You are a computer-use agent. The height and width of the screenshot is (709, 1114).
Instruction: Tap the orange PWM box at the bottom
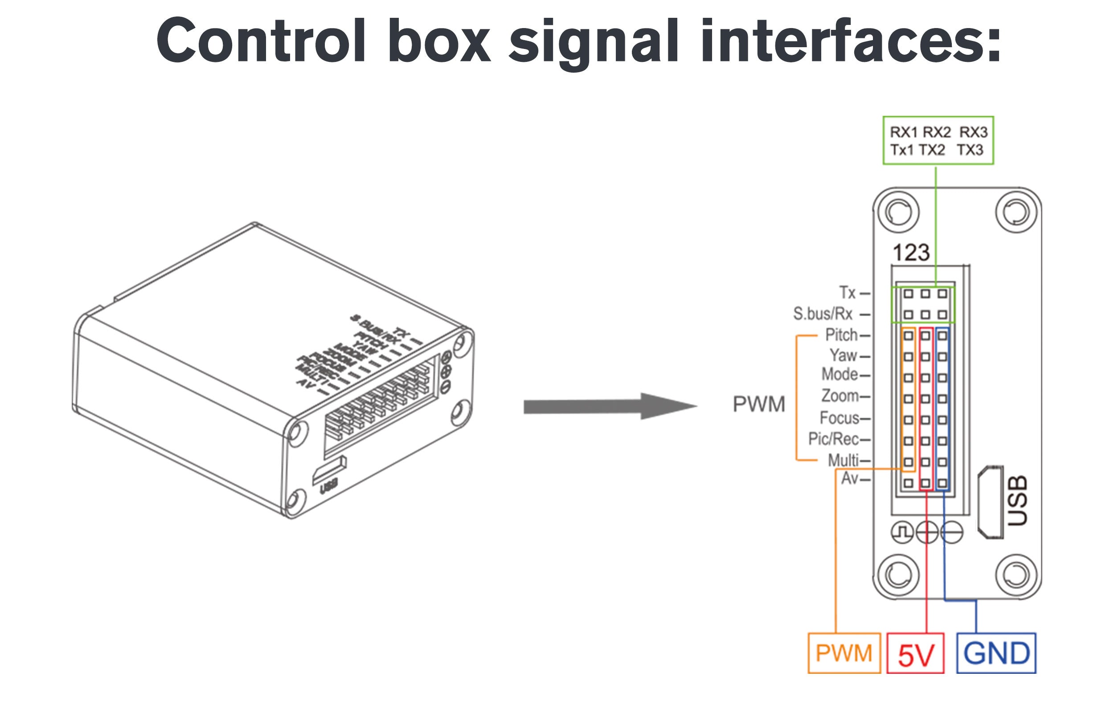pyautogui.click(x=844, y=653)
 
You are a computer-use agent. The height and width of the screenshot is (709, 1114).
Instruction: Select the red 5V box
pyautogui.click(x=916, y=653)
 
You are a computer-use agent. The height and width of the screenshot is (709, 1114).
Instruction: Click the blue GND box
pyautogui.click(x=996, y=653)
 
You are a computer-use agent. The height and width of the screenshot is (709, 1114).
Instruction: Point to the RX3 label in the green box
pyautogui.click(x=973, y=132)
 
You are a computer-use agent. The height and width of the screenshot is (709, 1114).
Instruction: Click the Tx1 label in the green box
pyautogui.click(x=901, y=150)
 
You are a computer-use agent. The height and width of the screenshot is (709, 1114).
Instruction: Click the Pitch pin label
pyautogui.click(x=841, y=335)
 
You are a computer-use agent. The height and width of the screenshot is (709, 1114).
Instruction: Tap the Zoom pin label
pyautogui.click(x=840, y=396)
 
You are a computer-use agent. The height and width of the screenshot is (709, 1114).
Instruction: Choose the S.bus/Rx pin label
pyautogui.click(x=823, y=314)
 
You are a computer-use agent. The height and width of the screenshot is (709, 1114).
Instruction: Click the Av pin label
pyautogui.click(x=850, y=478)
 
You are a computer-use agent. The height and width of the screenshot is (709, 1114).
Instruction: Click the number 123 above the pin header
pyautogui.click(x=911, y=253)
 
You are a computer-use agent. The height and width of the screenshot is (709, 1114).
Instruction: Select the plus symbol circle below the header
pyautogui.click(x=927, y=532)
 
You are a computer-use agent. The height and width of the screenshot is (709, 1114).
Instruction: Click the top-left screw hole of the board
pyautogui.click(x=898, y=212)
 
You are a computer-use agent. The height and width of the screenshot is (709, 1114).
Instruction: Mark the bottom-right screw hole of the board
pyautogui.click(x=1016, y=575)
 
